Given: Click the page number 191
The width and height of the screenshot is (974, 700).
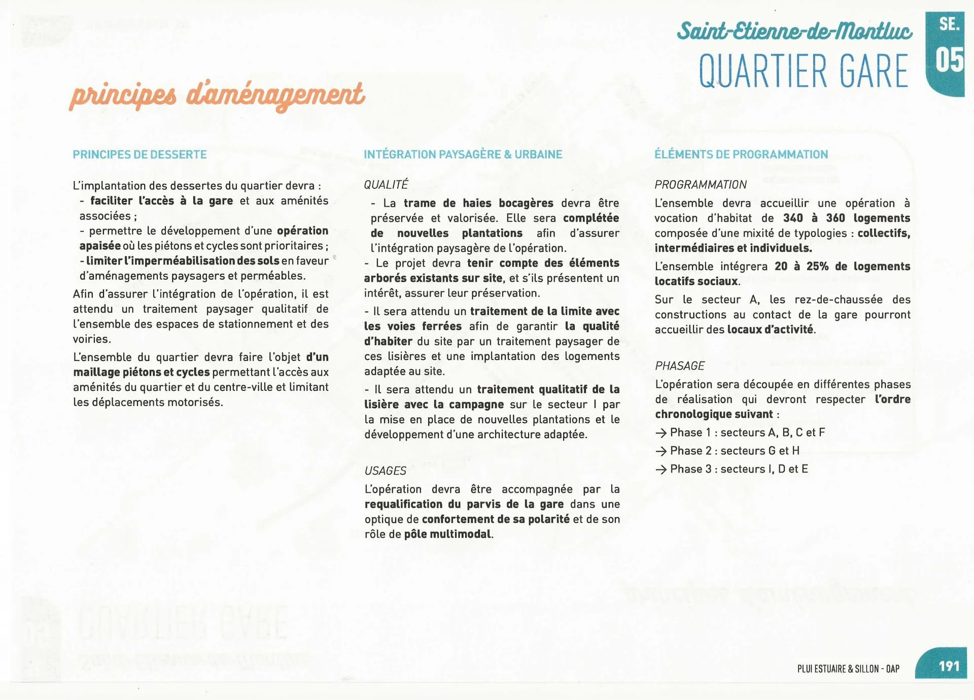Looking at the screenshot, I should point(949,666).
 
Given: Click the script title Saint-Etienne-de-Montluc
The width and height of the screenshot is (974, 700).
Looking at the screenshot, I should point(794,31).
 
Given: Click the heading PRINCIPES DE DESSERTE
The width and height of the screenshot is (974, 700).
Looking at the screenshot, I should point(140,154).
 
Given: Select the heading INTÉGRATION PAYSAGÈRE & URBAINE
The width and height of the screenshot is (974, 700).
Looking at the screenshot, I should point(463,154).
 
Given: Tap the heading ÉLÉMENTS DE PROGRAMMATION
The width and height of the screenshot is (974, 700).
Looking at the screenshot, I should point(741,154).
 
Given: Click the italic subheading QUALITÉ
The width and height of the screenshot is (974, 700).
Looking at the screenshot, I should point(386,185).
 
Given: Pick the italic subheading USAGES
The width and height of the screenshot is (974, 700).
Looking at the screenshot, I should point(385,471).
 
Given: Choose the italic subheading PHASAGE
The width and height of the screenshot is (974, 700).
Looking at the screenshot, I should point(679,366).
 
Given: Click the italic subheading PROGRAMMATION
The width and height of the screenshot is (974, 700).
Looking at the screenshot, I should point(700,185).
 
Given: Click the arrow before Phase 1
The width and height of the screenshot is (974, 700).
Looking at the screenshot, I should point(660,433).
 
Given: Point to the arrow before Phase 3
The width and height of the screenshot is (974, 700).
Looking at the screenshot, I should point(660,470).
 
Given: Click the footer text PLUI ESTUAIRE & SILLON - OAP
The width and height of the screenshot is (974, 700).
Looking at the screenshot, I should point(848,669).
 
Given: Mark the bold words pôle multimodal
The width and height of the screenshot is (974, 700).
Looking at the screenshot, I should point(448,534).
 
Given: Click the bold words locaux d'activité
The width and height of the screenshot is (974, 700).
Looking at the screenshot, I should point(770,329).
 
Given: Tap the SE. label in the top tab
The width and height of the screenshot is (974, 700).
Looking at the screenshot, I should point(949,24).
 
